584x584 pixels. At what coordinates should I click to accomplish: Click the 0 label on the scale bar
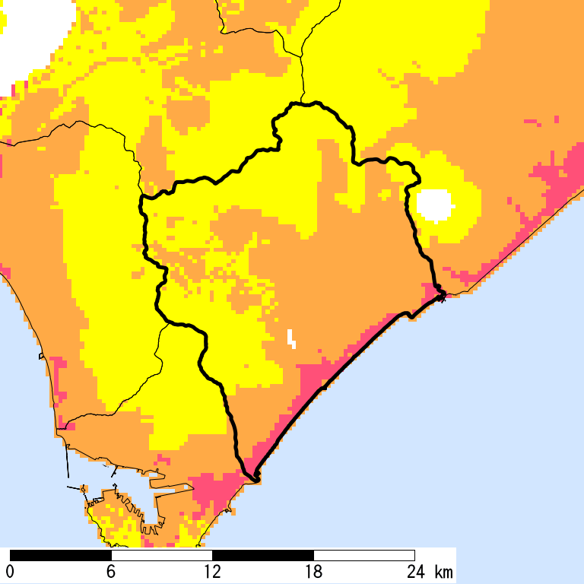click(10, 572)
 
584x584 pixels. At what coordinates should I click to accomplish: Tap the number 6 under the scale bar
click(111, 572)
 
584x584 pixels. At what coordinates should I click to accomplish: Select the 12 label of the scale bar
click(212, 572)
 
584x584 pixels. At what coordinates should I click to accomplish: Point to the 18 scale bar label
click(313, 572)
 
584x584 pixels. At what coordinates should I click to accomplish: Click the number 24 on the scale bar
click(414, 572)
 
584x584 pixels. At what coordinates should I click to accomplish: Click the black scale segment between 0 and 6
click(61, 555)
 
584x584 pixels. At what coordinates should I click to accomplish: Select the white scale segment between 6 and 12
click(162, 555)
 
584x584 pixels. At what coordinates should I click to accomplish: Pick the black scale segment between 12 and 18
click(263, 555)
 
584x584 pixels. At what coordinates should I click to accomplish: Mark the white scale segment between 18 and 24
click(364, 555)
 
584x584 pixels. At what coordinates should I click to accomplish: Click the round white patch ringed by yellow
click(434, 204)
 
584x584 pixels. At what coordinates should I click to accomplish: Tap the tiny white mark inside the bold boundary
click(291, 338)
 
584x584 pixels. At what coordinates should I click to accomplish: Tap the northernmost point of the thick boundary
click(304, 103)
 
